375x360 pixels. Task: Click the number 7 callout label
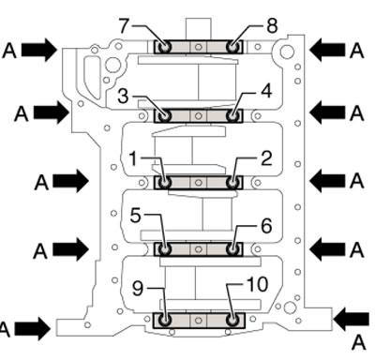tap(124, 25)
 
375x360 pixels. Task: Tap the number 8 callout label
tap(272, 25)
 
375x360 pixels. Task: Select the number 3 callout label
tap(123, 97)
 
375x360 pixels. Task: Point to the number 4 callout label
tap(266, 92)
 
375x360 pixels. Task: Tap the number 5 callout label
tap(136, 216)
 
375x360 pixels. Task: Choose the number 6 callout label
tap(266, 226)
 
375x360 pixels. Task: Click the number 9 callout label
tap(138, 288)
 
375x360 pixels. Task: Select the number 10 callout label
tap(257, 284)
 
